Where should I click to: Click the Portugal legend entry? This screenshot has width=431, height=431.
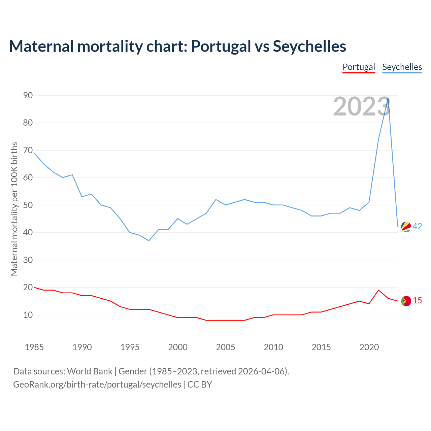point(359,67)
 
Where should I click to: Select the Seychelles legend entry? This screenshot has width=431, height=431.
point(402,67)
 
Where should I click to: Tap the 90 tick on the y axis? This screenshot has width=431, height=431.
point(28,95)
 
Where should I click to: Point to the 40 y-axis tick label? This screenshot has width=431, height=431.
point(28,233)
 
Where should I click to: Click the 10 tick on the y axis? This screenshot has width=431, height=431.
point(28,315)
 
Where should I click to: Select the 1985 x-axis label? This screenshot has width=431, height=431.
point(34,347)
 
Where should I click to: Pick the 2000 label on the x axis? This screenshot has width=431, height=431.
point(178,347)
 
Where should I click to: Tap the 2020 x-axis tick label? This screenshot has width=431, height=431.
point(369,347)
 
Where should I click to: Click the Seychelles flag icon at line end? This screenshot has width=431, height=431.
point(406,227)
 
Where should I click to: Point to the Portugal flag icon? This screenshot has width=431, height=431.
point(406,301)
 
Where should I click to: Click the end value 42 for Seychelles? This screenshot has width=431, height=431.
point(417,227)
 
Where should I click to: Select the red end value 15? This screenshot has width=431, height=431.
point(417,301)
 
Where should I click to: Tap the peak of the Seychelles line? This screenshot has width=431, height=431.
point(388,98)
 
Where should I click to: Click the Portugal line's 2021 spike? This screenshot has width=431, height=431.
point(378,290)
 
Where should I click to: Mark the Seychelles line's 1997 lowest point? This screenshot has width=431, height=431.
point(148,240)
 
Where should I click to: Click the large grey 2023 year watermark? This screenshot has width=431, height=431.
point(362,106)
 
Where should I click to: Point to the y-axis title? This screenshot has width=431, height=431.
point(14,209)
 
